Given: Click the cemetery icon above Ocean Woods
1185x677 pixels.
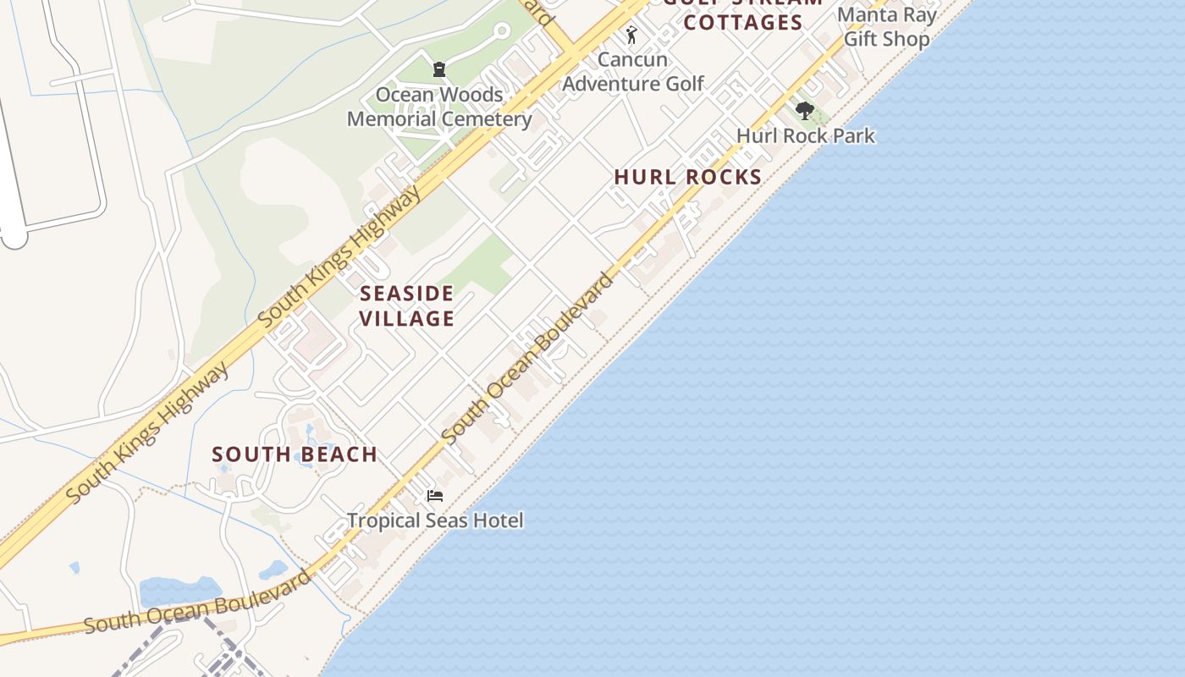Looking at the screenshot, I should coord(439,69).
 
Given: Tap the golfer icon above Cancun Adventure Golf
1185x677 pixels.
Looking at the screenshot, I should coord(631,36).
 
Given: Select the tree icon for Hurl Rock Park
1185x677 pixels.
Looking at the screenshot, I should coord(805,111).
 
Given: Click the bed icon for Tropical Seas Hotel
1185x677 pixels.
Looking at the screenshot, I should coord(435,495).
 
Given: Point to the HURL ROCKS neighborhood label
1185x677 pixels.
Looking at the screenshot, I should coord(688,177).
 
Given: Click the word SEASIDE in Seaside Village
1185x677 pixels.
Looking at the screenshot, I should coord(407,294).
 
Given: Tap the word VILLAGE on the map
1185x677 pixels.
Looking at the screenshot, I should coord(407,318).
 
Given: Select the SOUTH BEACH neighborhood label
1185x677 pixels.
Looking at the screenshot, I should coord(295,454).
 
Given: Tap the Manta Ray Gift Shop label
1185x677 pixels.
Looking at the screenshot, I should coord(887,27).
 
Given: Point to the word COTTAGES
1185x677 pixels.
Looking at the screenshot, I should coord(742,23).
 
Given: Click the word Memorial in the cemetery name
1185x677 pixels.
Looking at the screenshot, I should coord(394,118).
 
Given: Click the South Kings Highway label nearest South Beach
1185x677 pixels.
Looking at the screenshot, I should coord(147,433).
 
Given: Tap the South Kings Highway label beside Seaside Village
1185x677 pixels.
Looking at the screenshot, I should coord(339,257).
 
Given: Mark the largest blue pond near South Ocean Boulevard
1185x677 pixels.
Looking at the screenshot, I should coord(179,590).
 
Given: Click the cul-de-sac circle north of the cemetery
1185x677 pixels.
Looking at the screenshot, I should coord(501,31).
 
